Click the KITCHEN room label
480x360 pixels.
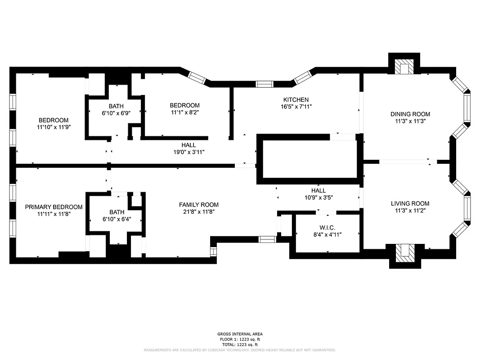pyautogui.click(x=296, y=99)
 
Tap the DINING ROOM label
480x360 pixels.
pyautogui.click(x=410, y=114)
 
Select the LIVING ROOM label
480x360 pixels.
pyautogui.click(x=410, y=203)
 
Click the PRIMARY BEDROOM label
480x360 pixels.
pyautogui.click(x=54, y=207)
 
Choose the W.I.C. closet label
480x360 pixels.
pyautogui.click(x=327, y=227)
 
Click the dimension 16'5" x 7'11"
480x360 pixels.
pyautogui.click(x=296, y=107)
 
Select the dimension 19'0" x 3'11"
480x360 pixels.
pyautogui.click(x=188, y=152)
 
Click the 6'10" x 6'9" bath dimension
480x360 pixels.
pyautogui.click(x=116, y=113)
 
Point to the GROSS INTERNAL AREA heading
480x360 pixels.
pyautogui.click(x=240, y=334)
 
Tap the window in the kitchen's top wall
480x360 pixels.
pyautogui.click(x=264, y=84)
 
